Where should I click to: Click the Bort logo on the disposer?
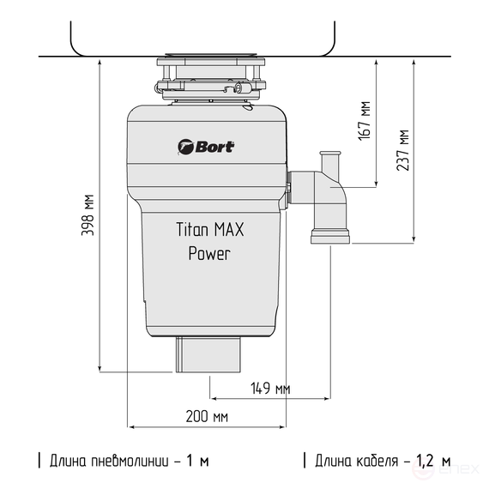(x=206, y=146)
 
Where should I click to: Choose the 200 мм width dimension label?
(x=207, y=417)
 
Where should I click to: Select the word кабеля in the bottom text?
(x=377, y=461)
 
